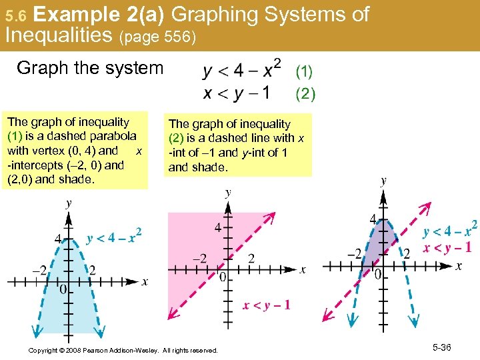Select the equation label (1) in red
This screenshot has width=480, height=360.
click(304, 70)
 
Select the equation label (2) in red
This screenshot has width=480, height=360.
click(305, 94)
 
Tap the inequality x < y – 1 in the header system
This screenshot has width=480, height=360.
click(237, 93)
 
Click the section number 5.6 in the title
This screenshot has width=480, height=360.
click(14, 15)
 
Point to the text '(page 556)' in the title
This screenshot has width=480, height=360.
click(157, 38)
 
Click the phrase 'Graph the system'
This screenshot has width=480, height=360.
click(90, 68)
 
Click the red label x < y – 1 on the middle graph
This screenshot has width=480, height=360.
click(266, 305)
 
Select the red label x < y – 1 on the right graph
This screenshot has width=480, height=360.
click(448, 248)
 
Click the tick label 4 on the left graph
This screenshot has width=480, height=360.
click(57, 239)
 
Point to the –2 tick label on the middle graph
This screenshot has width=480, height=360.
click(199, 258)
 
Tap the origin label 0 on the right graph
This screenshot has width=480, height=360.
click(377, 275)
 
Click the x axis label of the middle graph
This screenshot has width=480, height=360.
click(303, 270)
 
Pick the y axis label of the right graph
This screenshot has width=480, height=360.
click(383, 181)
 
